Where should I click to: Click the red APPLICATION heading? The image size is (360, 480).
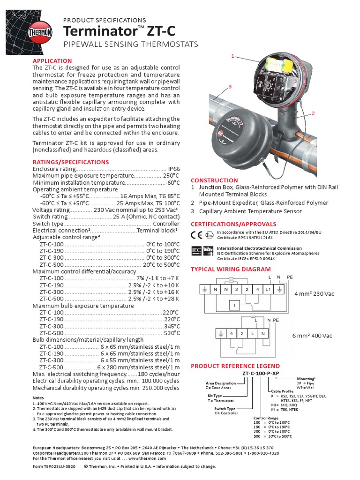pos(52,61)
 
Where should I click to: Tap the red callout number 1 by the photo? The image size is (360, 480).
pos(232,56)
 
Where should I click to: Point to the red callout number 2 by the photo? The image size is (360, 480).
pos(313,113)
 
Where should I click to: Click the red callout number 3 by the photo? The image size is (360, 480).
pos(230,87)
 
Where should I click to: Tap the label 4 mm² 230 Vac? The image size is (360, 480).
pos(314,294)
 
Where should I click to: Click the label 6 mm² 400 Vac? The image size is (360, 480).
pos(313,336)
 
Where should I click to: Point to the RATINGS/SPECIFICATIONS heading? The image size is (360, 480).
pos(70,162)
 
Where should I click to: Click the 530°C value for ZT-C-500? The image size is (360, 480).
pos(171,333)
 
